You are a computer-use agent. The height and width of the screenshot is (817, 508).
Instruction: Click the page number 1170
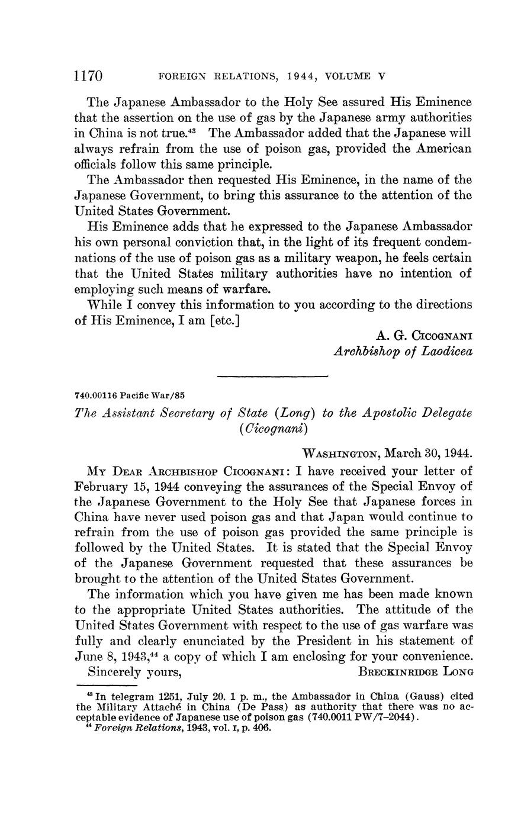point(89,76)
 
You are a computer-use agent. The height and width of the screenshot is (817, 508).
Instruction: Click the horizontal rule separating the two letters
point(272,376)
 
